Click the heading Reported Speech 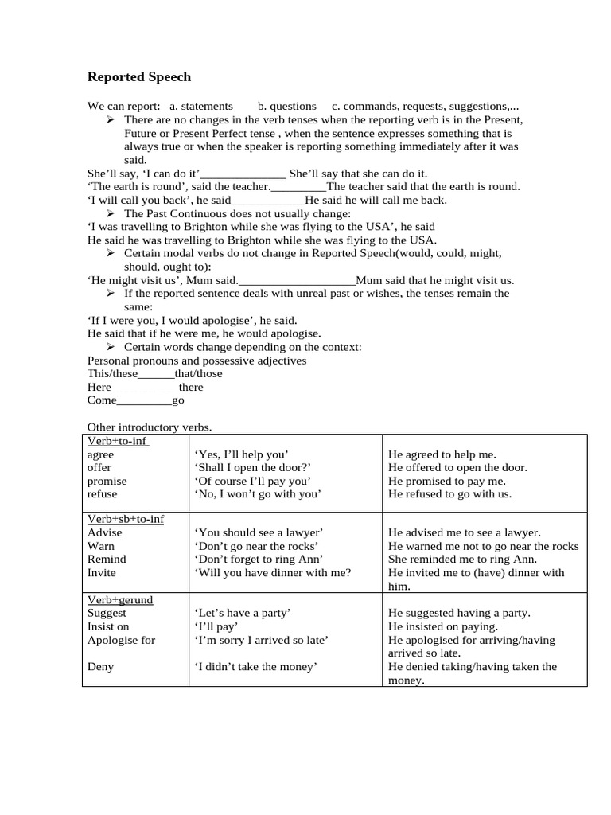pyautogui.click(x=139, y=77)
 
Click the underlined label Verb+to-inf pyautogui.click(x=117, y=441)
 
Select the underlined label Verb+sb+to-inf pyautogui.click(x=125, y=519)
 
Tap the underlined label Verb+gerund pyautogui.click(x=119, y=599)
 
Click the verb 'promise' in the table pyautogui.click(x=107, y=481)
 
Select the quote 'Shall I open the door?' pyautogui.click(x=252, y=467)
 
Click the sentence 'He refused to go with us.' pyautogui.click(x=449, y=493)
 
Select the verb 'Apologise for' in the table pyautogui.click(x=121, y=640)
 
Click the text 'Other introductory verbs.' pyautogui.click(x=149, y=427)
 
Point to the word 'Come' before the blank pyautogui.click(x=102, y=400)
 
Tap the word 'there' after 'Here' pyautogui.click(x=191, y=387)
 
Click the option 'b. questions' pyautogui.click(x=286, y=106)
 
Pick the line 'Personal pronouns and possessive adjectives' pyautogui.click(x=197, y=361)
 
